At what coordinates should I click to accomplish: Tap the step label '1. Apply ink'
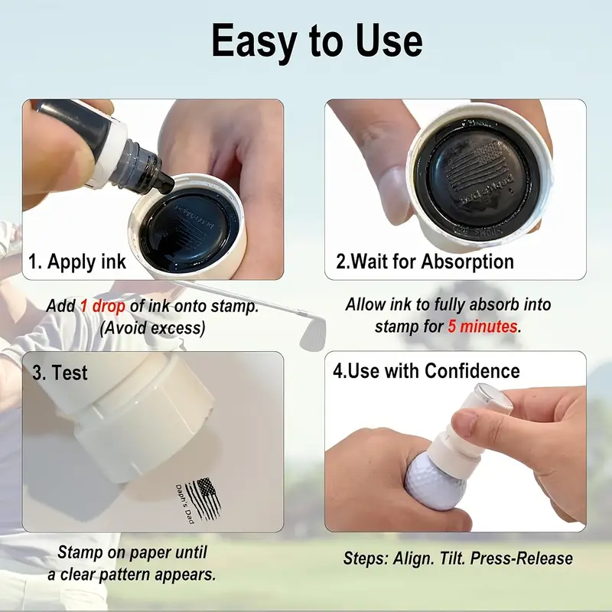77,262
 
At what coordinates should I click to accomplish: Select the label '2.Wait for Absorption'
425,262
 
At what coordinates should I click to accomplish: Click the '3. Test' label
60,373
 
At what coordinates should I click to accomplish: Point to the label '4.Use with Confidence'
426,371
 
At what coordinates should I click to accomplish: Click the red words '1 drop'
103,306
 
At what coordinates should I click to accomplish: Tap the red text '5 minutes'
483,327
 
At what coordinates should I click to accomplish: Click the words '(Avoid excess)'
152,328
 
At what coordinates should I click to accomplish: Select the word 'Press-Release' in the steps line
522,558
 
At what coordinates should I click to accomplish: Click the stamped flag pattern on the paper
204,499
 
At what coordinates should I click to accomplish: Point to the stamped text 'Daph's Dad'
184,504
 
